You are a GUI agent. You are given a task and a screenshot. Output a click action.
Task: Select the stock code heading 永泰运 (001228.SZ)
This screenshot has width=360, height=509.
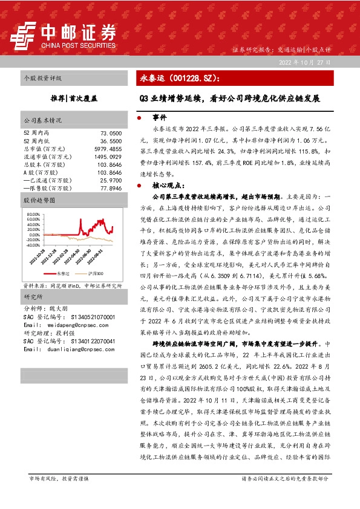click(180, 79)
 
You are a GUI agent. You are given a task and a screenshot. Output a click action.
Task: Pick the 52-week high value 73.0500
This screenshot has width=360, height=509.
click(111, 132)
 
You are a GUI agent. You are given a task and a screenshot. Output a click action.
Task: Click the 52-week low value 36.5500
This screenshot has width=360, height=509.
click(111, 140)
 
